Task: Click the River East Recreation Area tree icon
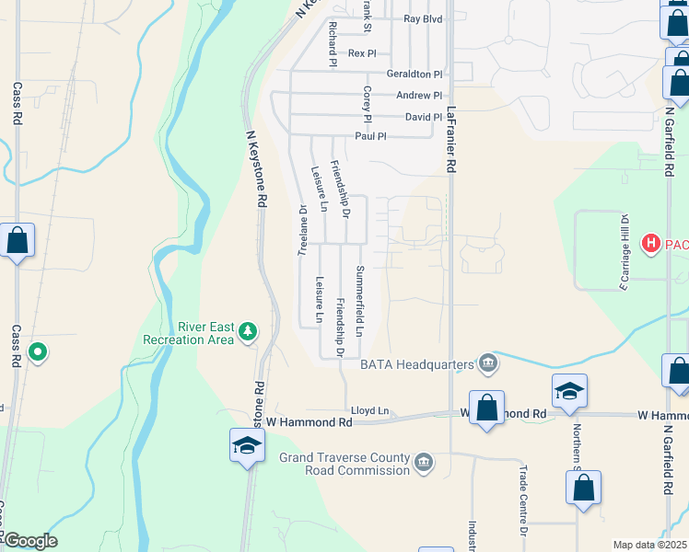[x=247, y=331]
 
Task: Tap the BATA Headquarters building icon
[x=488, y=364]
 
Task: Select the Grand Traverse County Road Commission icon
[x=424, y=462]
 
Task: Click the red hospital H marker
[x=652, y=244]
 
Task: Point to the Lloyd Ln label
[x=370, y=411]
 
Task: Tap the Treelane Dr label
[x=301, y=230]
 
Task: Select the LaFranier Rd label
[x=451, y=139]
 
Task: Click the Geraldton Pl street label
[x=415, y=74]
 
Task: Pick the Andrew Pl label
[x=419, y=96]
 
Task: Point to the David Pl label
[x=424, y=118]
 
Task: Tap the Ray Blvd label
[x=423, y=18]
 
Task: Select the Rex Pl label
[x=362, y=53]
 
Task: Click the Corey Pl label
[x=367, y=105]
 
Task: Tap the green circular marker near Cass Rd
[x=38, y=351]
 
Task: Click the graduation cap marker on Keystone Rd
[x=247, y=447]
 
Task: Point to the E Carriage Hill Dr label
[x=624, y=253]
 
